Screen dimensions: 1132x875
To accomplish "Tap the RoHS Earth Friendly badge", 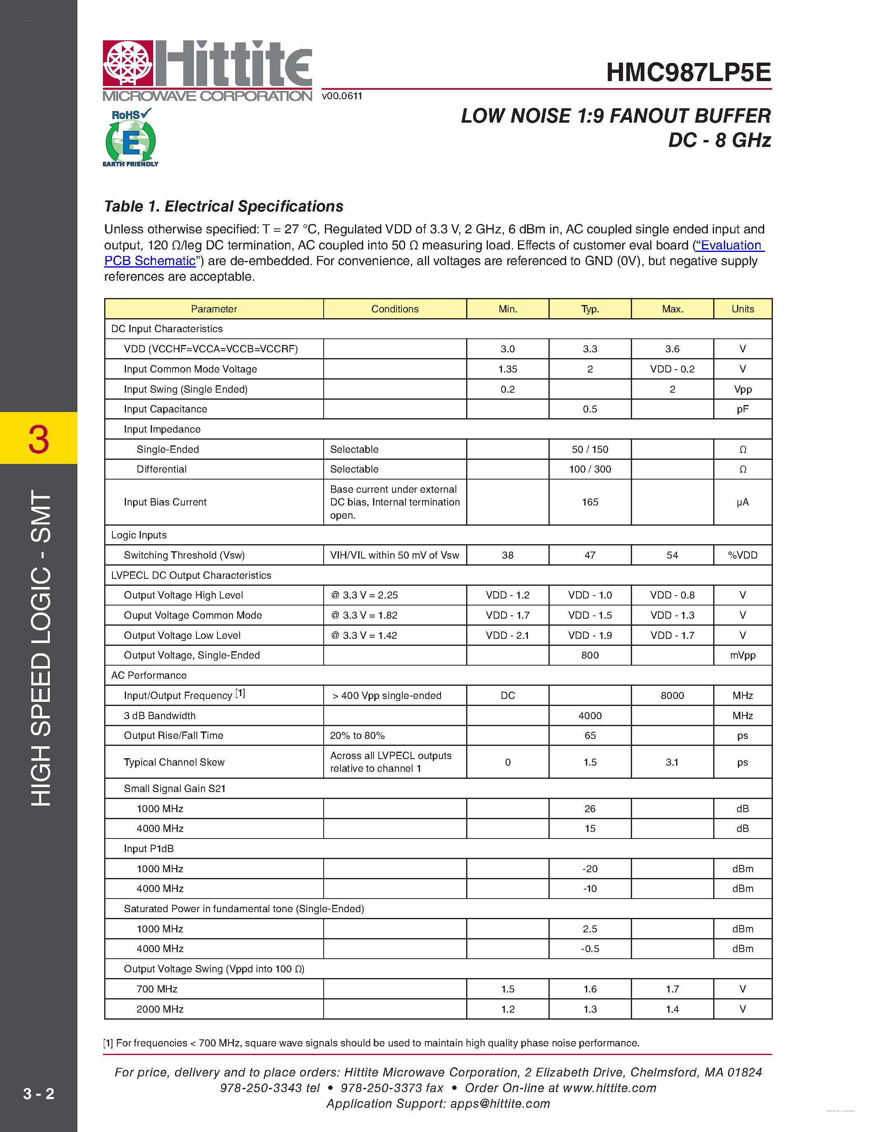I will (130, 138).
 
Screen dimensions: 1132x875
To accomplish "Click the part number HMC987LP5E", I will (688, 72).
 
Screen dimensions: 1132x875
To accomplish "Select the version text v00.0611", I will (342, 96).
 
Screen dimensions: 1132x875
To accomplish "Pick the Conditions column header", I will (394, 309).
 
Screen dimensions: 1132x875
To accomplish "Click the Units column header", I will (742, 309).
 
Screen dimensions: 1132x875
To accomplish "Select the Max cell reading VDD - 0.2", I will (672, 369).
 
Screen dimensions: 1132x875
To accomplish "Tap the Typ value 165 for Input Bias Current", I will (590, 502).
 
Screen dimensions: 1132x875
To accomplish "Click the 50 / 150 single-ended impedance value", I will (590, 450).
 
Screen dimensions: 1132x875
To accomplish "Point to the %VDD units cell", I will (742, 555).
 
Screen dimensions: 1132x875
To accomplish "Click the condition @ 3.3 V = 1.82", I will (364, 615).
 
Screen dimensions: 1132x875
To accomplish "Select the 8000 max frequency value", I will (672, 696).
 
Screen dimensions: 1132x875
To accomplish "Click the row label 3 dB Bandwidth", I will (160, 716).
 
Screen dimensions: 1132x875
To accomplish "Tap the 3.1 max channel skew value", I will (672, 762).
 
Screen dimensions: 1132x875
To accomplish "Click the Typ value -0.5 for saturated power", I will (590, 948).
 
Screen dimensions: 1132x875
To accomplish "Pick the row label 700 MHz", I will (156, 989).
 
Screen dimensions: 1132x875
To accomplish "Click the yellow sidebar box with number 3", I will (38, 438).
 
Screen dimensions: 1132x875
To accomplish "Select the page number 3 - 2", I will (38, 1093).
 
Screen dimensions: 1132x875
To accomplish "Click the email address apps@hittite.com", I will (500, 1104).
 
